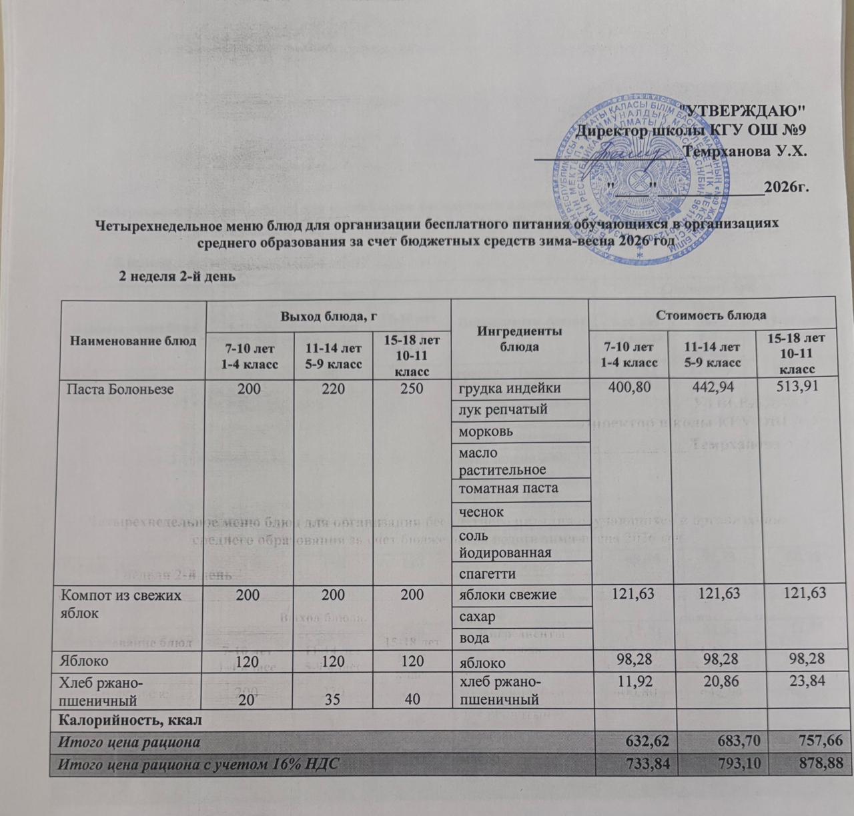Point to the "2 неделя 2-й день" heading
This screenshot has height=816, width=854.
coord(175,275)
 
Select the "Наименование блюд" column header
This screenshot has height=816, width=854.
coord(133,341)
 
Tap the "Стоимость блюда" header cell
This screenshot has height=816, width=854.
coord(710,314)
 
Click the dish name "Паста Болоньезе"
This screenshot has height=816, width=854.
coord(117,389)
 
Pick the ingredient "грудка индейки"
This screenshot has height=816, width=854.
coord(508,388)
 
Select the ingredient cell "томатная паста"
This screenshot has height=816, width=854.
coord(507,489)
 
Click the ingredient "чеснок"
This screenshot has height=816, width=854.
coord(480,511)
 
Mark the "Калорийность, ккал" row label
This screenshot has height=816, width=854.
coord(131,719)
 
